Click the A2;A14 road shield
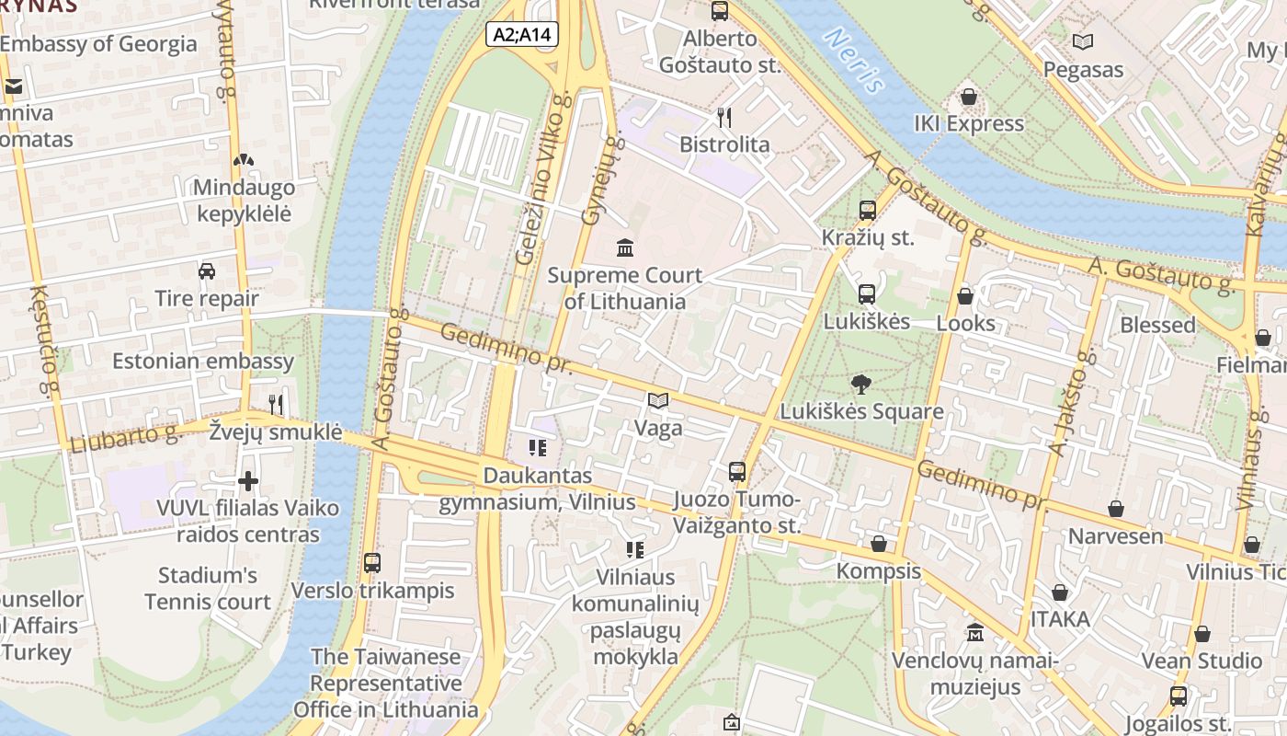tap(522, 35)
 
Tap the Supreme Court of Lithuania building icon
tap(626, 247)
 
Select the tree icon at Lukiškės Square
tap(861, 385)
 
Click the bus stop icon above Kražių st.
tap(867, 211)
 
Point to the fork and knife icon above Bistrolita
tap(724, 117)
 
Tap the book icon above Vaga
tap(657, 401)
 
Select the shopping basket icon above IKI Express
tap(968, 97)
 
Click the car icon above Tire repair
tap(207, 271)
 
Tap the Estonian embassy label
tap(203, 361)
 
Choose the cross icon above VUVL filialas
tap(247, 481)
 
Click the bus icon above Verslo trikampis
tap(372, 563)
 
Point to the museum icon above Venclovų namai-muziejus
tap(975, 633)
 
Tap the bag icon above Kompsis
tap(878, 544)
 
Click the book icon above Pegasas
tap(1083, 42)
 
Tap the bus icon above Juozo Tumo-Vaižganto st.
tap(736, 472)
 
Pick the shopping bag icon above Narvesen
tap(1115, 509)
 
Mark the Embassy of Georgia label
tap(98, 44)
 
